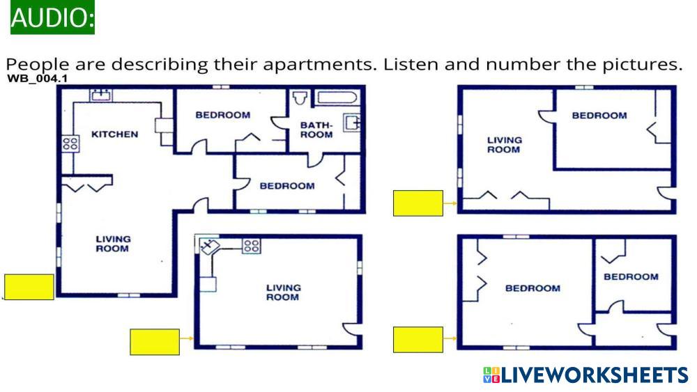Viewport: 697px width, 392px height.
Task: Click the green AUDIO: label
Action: [52, 17]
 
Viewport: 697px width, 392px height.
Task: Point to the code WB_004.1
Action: [38, 79]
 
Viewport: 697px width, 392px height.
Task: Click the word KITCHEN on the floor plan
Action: [115, 134]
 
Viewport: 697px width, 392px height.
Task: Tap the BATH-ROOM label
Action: [316, 130]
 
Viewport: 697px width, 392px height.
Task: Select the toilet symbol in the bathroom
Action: [300, 98]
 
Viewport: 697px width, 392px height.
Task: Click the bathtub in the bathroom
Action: [337, 97]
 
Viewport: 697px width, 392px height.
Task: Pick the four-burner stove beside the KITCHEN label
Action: [70, 143]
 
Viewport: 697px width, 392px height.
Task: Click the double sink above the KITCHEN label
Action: [101, 95]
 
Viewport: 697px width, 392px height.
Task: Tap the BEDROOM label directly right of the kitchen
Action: [223, 115]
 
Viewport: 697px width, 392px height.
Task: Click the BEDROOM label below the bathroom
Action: [287, 186]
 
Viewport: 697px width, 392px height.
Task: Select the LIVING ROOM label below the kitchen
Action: [113, 244]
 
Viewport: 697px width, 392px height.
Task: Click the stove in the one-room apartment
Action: [251, 246]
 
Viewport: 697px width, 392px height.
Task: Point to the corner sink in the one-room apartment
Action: [209, 247]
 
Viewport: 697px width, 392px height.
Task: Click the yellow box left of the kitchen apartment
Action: [29, 287]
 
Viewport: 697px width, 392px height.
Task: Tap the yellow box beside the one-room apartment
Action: [155, 342]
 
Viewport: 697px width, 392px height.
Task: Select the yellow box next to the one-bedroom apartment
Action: [418, 203]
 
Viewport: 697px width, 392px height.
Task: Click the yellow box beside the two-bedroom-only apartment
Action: [418, 340]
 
